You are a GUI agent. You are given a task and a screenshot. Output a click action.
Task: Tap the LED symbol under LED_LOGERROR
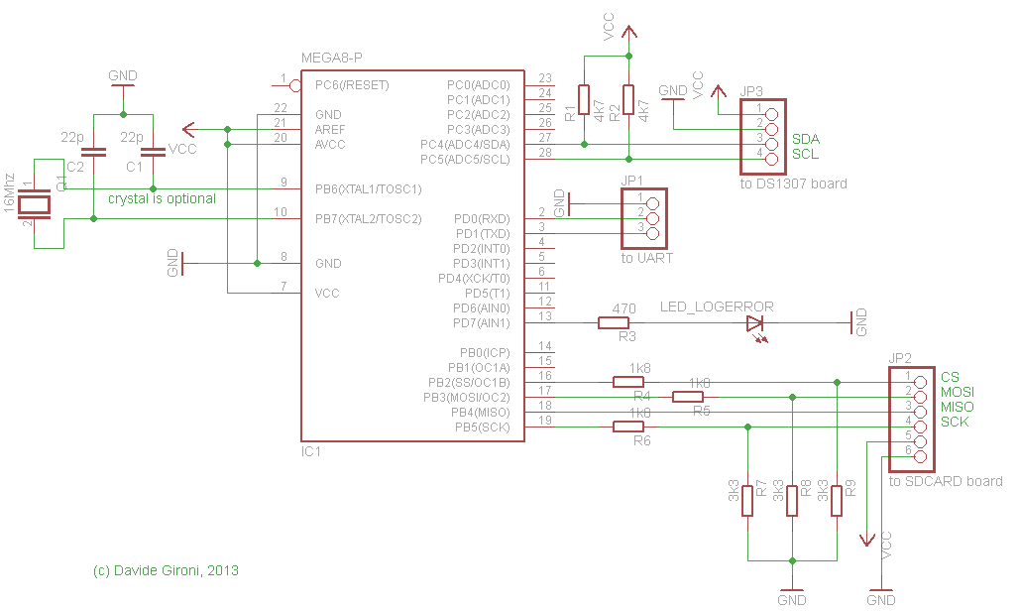click(x=756, y=322)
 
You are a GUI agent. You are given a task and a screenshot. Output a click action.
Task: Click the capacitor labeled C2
click(x=93, y=153)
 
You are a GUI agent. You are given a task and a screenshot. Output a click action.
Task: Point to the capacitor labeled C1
click(x=153, y=153)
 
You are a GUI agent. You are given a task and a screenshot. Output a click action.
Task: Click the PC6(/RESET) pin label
click(x=352, y=85)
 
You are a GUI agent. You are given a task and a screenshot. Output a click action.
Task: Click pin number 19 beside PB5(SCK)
click(x=544, y=422)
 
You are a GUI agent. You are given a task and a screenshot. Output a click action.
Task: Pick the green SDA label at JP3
click(x=805, y=139)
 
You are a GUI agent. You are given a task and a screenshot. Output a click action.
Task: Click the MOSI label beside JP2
click(x=957, y=393)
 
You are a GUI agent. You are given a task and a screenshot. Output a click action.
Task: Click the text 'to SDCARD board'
click(x=946, y=481)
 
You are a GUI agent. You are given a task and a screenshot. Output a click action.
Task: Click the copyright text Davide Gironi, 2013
click(x=166, y=570)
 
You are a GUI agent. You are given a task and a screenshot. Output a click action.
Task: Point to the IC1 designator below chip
click(x=311, y=451)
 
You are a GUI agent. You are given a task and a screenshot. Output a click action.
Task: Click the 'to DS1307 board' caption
click(x=793, y=184)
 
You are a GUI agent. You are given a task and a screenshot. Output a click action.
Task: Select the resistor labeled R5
click(x=688, y=397)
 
